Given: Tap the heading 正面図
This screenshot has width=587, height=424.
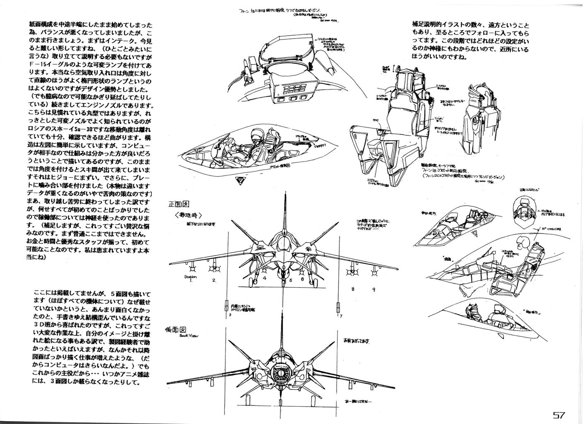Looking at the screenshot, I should (178, 204).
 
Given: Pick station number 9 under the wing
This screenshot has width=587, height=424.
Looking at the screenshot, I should (374, 289).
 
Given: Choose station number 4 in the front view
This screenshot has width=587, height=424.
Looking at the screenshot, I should (264, 279).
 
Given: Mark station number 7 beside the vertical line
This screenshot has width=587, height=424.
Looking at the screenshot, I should (340, 316).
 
